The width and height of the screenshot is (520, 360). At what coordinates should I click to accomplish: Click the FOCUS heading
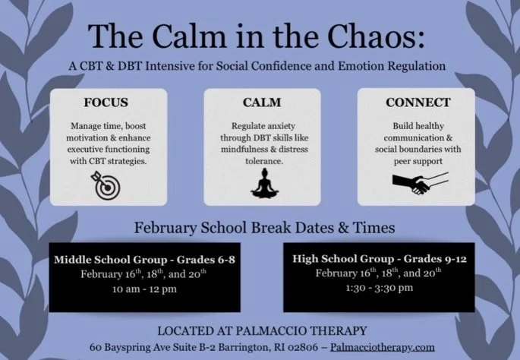(106, 101)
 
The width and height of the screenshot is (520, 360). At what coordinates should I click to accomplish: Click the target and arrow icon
(106, 185)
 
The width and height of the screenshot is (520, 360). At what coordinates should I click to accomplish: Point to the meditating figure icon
(261, 183)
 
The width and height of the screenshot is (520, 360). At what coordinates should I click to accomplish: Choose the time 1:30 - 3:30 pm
(379, 287)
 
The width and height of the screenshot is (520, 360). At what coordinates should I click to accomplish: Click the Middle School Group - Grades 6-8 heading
(144, 261)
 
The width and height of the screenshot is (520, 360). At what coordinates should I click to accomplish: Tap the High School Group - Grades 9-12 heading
(378, 259)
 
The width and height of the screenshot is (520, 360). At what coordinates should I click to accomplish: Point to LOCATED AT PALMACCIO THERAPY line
(262, 331)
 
